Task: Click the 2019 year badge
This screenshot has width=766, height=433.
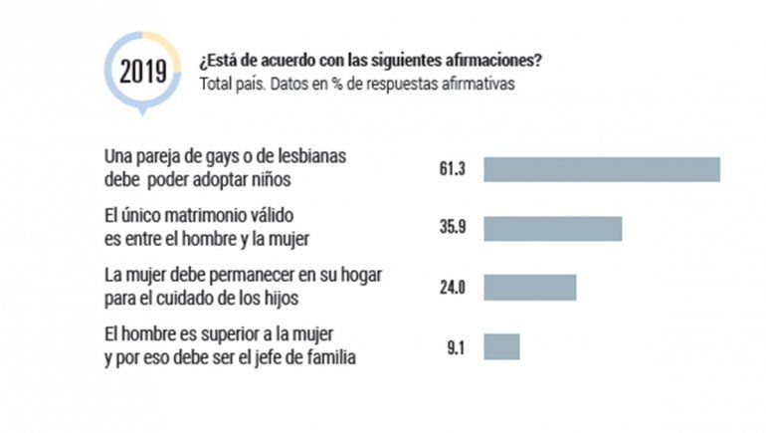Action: point(144,72)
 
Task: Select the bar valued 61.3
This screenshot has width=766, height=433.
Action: point(601,169)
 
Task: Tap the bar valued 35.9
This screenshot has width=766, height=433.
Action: point(552,228)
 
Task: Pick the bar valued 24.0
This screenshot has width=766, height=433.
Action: point(529,287)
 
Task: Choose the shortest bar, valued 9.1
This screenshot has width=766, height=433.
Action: point(501,346)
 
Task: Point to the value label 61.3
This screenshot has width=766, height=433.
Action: point(453,170)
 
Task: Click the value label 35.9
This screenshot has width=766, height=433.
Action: point(453,228)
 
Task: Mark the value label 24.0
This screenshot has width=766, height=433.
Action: point(453,287)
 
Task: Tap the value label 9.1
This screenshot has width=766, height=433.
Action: point(456,346)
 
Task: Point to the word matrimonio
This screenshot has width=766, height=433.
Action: point(212,216)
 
